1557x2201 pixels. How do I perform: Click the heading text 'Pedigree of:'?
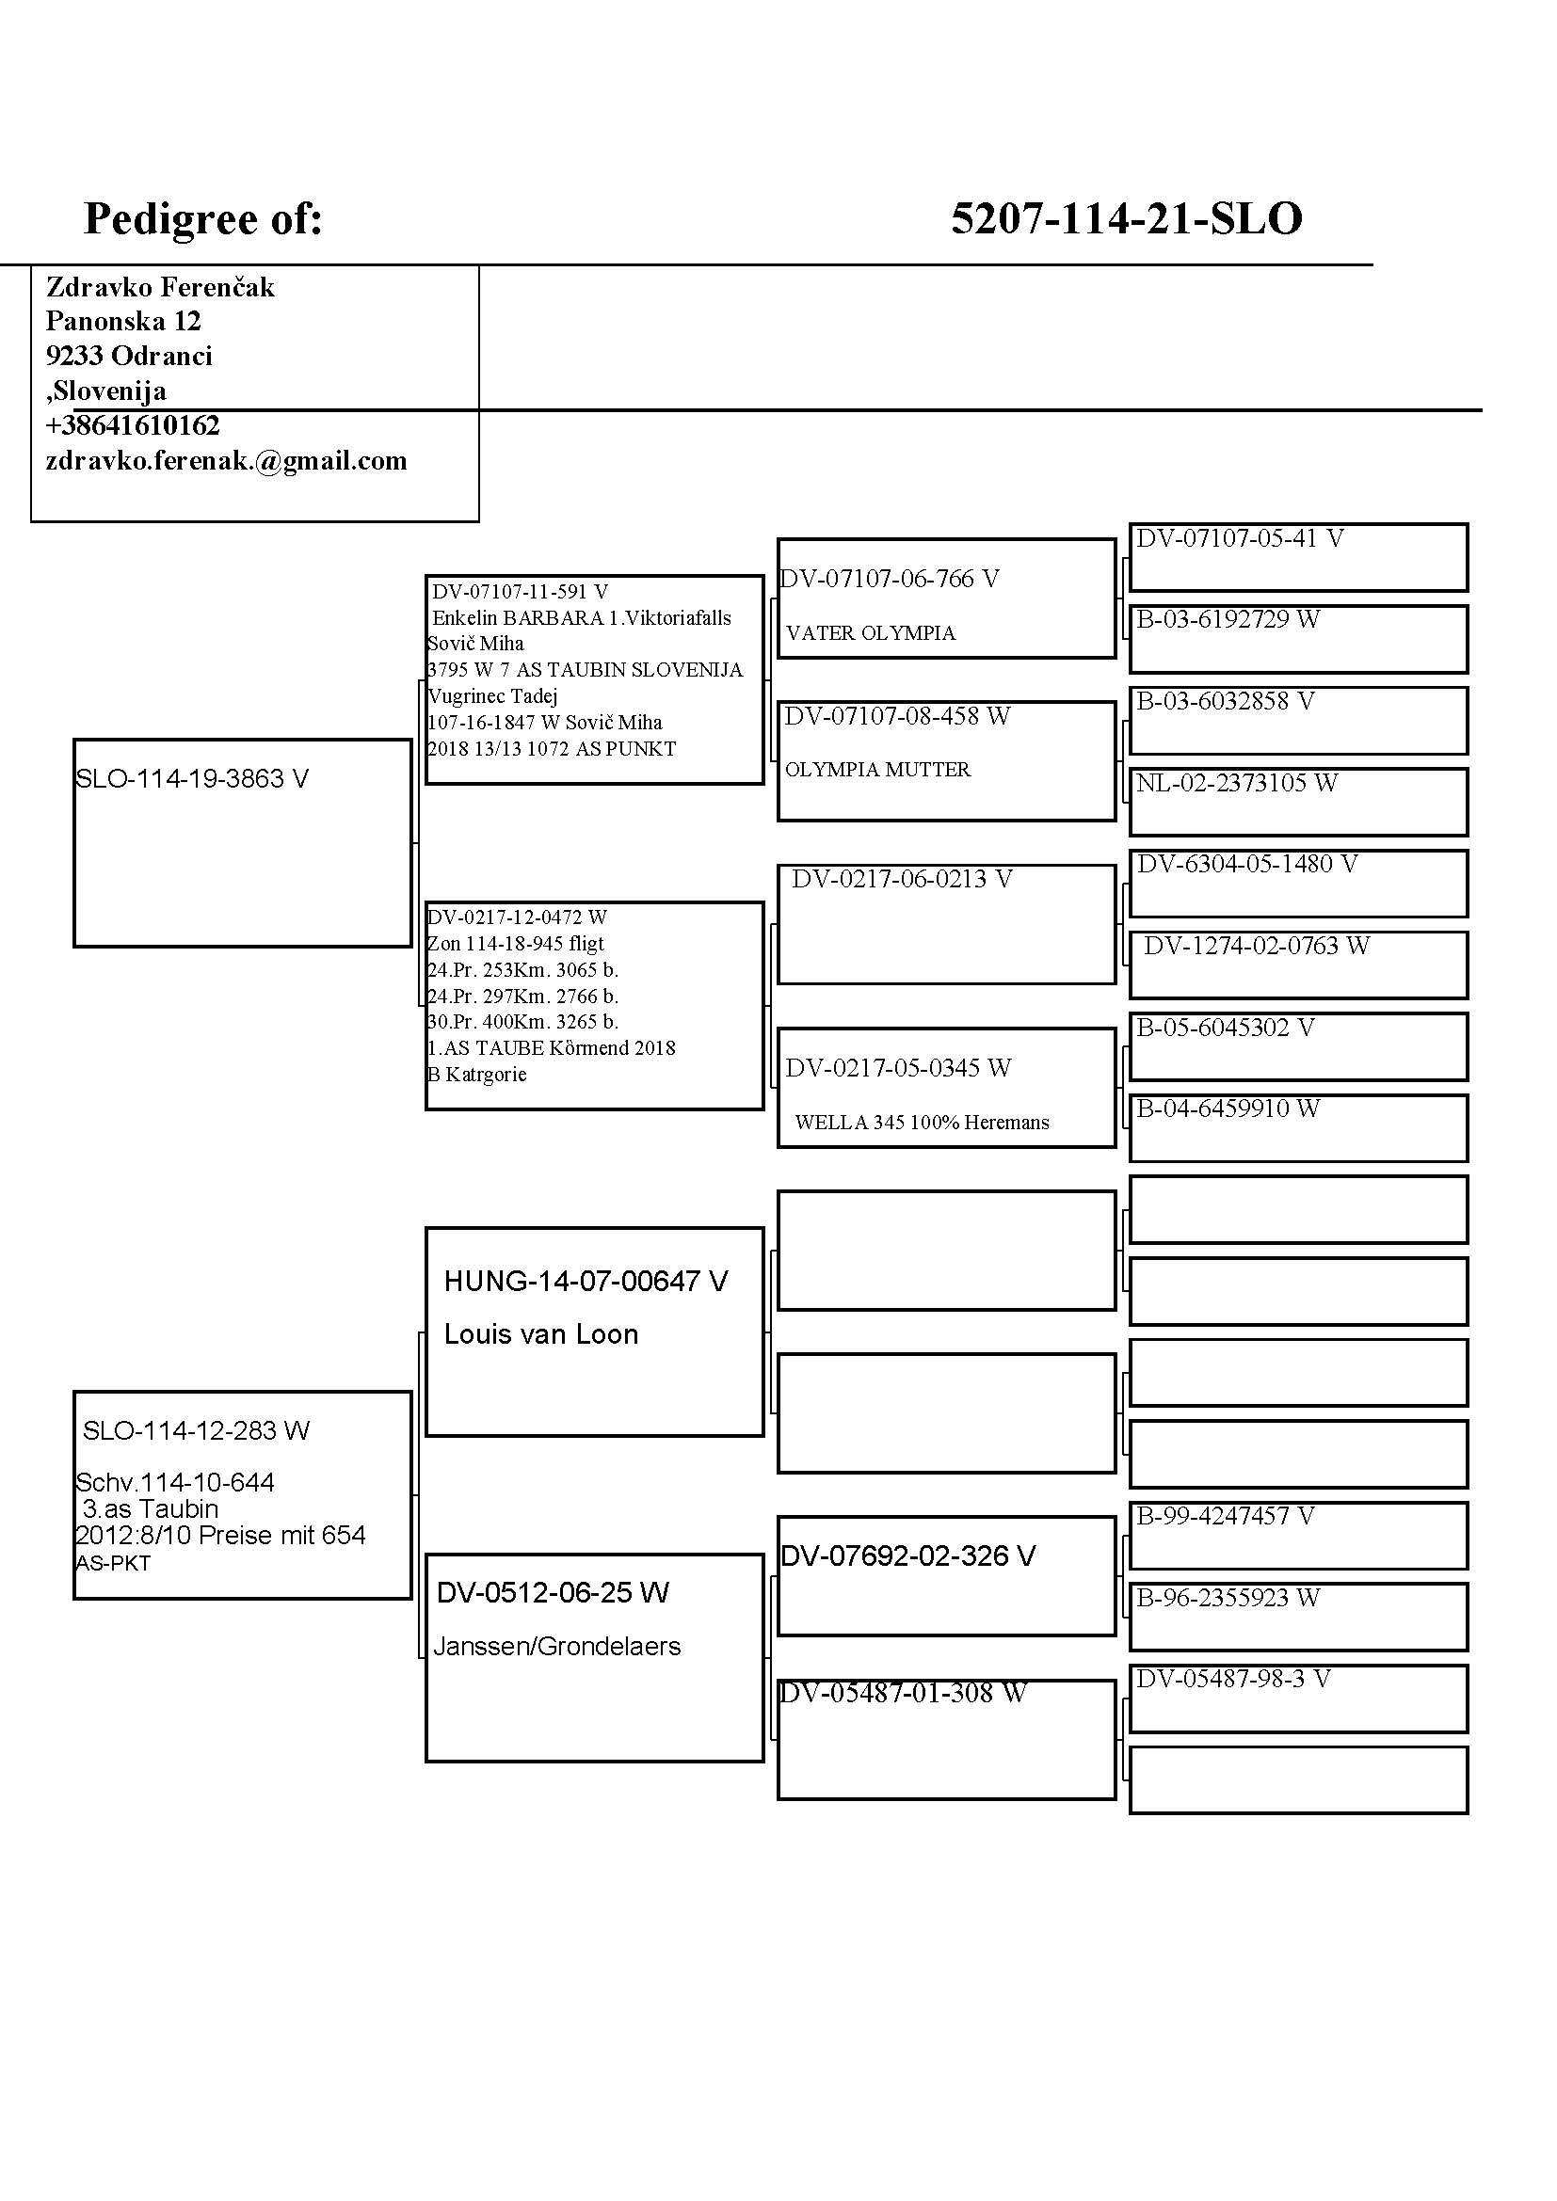[x=203, y=218]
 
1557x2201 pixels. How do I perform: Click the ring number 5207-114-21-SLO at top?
[x=1126, y=218]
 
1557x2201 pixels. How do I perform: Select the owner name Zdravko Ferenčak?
[x=160, y=288]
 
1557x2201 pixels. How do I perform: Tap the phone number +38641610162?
[x=133, y=425]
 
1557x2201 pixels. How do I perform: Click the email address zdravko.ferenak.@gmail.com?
[x=226, y=461]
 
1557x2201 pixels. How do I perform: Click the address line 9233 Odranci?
[x=128, y=357]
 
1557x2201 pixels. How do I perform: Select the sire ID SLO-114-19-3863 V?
[x=192, y=779]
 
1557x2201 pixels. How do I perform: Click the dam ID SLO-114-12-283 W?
[x=196, y=1431]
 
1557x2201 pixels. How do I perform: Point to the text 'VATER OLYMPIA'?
[x=871, y=633]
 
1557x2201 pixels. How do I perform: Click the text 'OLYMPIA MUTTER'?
[x=877, y=770]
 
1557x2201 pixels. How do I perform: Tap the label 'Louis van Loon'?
[x=540, y=1334]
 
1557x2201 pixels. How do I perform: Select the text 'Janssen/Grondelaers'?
[x=557, y=1647]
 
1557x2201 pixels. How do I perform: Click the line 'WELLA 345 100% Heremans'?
[x=922, y=1123]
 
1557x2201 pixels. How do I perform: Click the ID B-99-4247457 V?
[x=1225, y=1517]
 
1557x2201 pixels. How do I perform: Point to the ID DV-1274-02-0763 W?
[x=1256, y=946]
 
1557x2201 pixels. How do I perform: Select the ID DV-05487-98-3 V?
[x=1233, y=1679]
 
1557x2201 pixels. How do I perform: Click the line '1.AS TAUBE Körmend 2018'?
[x=552, y=1047]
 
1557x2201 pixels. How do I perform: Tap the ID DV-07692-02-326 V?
[x=907, y=1555]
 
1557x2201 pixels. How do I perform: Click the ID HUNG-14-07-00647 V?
[x=586, y=1282]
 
